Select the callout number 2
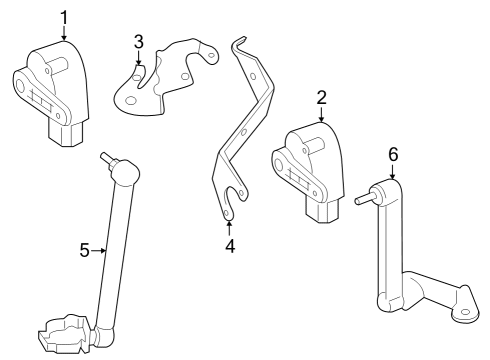[x=321, y=97]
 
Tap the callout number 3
[x=139, y=41]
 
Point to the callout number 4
[x=229, y=245]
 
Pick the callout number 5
[x=85, y=249]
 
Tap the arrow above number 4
[x=229, y=227]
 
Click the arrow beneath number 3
[x=139, y=60]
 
